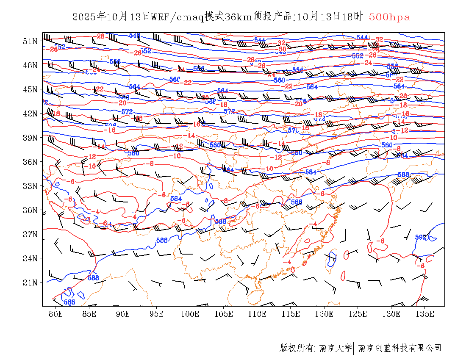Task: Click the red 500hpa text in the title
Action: pos(389,17)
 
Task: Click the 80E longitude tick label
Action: pos(55,314)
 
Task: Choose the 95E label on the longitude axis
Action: pos(156,314)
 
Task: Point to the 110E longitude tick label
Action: pos(257,314)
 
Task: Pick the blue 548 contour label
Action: pos(134,36)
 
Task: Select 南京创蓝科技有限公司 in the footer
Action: pos(400,348)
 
